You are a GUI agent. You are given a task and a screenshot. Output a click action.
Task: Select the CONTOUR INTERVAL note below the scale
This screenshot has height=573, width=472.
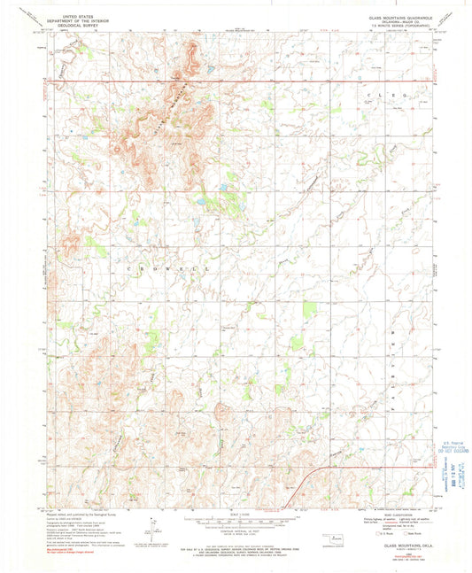click(x=236, y=533)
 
